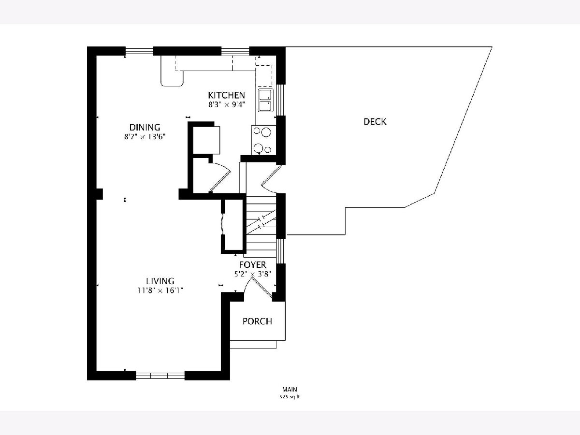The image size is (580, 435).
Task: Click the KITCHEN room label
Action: click(227, 95)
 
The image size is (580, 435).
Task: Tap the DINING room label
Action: click(145, 127)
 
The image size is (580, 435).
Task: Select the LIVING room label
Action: click(160, 281)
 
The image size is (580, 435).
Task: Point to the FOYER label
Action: click(253, 265)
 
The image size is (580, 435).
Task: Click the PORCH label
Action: click(257, 321)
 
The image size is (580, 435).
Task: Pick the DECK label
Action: click(375, 121)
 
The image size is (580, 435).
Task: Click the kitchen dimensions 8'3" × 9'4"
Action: click(227, 104)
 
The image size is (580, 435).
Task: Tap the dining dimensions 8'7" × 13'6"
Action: click(145, 137)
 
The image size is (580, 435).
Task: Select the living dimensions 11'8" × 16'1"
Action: click(160, 290)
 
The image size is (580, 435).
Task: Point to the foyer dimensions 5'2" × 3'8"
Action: click(253, 274)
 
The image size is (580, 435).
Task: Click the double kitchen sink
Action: click(266, 101)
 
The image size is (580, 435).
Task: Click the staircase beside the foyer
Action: click(261, 227)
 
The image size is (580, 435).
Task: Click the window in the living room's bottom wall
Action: click(160, 376)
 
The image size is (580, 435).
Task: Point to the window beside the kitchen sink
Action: click(281, 100)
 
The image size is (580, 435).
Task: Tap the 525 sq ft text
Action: click(290, 397)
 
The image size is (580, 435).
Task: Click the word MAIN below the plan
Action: click(290, 389)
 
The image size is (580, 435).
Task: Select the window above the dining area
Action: click(139, 51)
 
